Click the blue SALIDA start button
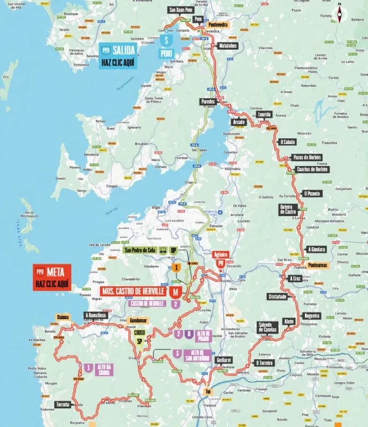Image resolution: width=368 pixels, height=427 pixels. [x=119, y=54]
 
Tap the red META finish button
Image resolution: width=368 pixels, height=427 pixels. [x=52, y=277]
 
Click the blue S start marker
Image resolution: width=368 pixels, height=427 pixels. [x=167, y=40]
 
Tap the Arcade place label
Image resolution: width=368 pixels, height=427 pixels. [x=239, y=122]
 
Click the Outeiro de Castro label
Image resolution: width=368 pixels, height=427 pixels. [x=288, y=210]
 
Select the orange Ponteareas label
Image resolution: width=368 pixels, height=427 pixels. [x=318, y=265]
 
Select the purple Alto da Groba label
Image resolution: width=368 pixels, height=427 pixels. [x=105, y=370]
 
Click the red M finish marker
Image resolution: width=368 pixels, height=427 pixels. [x=174, y=292]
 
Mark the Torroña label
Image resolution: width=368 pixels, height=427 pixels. [x=63, y=404]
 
